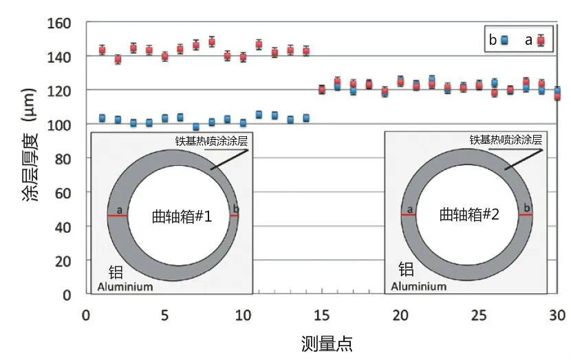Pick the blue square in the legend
pos(505,40)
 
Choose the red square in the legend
pos(541,40)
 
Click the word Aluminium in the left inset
pos(125,287)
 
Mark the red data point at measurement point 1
pos(102,50)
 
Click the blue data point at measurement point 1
pos(102,118)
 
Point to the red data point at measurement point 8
pos(212,41)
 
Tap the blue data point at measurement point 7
pos(196,127)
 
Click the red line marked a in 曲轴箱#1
pos(118,216)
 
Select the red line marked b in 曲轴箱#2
pos(526,215)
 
